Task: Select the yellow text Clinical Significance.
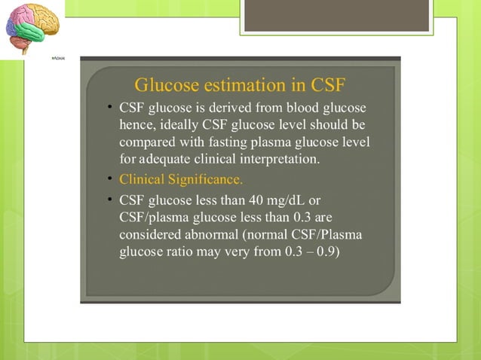[x=181, y=180]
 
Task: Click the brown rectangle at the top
[x=336, y=15]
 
